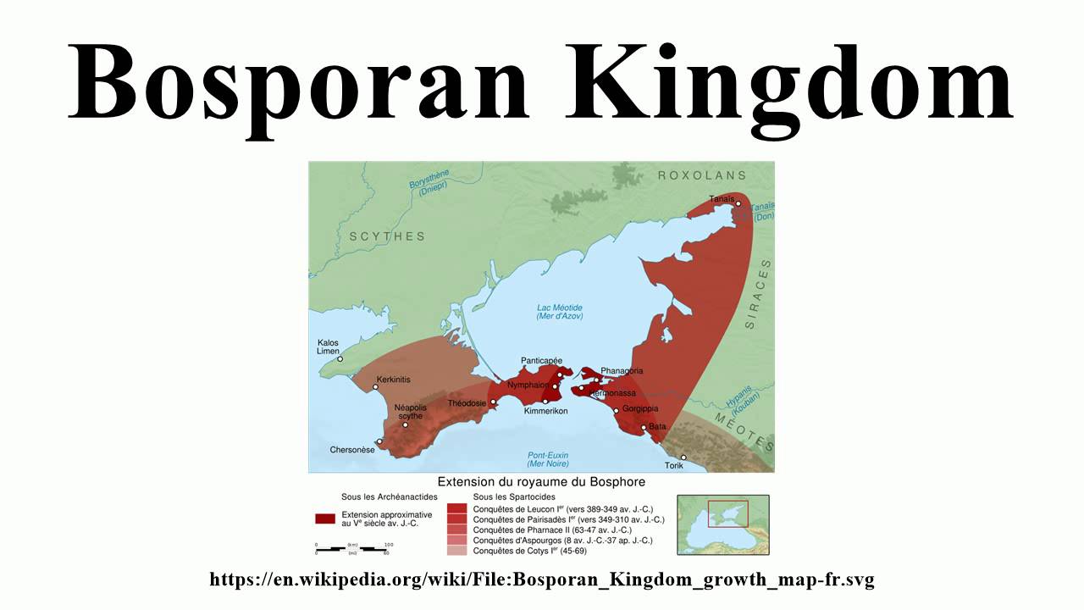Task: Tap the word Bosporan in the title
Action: coord(299,82)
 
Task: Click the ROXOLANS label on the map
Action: coord(702,175)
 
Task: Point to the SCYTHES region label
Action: coord(387,236)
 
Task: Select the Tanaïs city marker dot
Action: coord(738,204)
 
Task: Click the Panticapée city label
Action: coord(542,360)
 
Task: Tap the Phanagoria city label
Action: coord(622,371)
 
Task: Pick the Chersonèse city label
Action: coord(352,450)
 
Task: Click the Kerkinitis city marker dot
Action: coord(376,387)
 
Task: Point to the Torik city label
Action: coord(674,466)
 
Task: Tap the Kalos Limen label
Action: coord(328,347)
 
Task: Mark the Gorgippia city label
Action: coord(640,408)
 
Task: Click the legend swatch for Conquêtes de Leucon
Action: coord(457,509)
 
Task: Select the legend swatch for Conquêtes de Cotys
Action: coord(457,550)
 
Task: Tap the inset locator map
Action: coord(723,524)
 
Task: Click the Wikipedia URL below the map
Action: coord(542,580)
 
